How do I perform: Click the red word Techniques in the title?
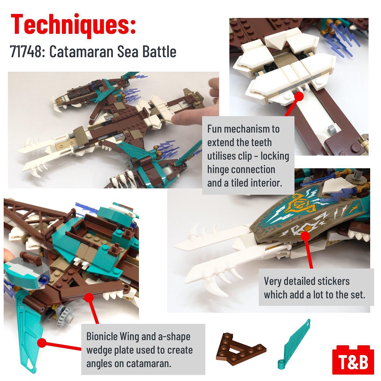pyautogui.click(x=73, y=25)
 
